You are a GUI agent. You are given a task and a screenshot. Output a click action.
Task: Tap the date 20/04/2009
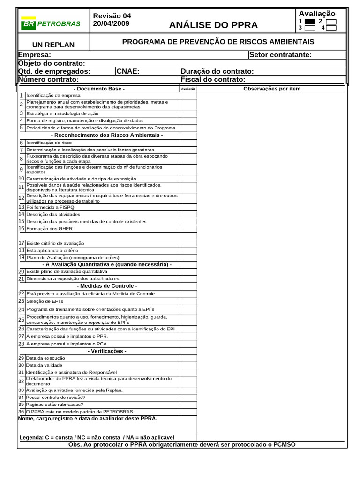click(112, 23)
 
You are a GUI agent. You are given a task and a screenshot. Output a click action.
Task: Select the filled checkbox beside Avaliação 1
click(309, 21)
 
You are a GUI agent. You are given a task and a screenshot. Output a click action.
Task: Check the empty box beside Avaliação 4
click(331, 28)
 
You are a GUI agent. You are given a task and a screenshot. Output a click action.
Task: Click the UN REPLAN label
click(53, 45)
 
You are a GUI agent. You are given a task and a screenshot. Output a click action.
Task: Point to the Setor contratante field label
click(280, 55)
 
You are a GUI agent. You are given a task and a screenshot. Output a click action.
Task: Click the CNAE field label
click(128, 71)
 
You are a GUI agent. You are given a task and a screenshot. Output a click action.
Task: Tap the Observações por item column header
click(272, 89)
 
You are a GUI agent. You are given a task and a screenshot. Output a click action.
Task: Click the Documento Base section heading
click(99, 89)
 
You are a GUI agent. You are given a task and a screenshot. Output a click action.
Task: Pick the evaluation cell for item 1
click(188, 95)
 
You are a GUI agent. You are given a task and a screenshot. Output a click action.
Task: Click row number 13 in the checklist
click(22, 207)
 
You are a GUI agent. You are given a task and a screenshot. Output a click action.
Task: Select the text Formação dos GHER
click(49, 229)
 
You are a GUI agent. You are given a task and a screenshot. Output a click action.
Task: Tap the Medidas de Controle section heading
click(107, 286)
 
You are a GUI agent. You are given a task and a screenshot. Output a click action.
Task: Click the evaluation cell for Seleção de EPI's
click(188, 301)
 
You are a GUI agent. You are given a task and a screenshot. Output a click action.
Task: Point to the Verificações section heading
click(107, 351)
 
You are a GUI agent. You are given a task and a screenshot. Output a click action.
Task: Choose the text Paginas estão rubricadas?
click(55, 404)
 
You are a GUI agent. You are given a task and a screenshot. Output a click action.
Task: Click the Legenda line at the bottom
click(97, 437)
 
